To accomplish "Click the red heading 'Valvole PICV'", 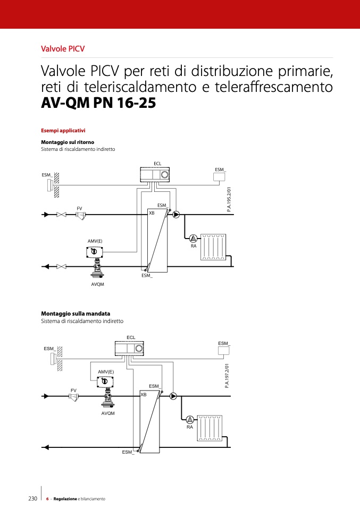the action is (x=63, y=49).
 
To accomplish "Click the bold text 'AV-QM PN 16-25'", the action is (x=98, y=103).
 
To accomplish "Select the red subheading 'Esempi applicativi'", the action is (x=63, y=131).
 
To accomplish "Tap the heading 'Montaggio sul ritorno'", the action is (x=68, y=142).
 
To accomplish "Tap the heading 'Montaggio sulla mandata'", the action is (x=76, y=313).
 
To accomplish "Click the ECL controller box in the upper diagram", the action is (x=155, y=175).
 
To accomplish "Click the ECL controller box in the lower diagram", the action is (x=129, y=349).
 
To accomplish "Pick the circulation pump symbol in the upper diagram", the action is (x=176, y=215).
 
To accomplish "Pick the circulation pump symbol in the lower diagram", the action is (x=173, y=396).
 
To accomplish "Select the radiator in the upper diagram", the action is (x=213, y=247).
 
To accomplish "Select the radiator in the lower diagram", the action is (x=210, y=428).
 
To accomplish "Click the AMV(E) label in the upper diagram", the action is (x=95, y=241).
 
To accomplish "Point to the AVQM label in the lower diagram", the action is (x=108, y=413).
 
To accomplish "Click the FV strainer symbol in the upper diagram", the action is (x=80, y=215).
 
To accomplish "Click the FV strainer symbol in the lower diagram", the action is (x=74, y=397).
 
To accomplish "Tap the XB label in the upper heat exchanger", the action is (x=152, y=213).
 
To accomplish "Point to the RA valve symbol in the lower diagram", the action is (x=190, y=419).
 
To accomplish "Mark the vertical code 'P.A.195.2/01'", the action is (x=229, y=200).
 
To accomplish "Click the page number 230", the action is (x=33, y=498).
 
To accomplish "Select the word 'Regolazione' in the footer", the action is (x=65, y=499).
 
